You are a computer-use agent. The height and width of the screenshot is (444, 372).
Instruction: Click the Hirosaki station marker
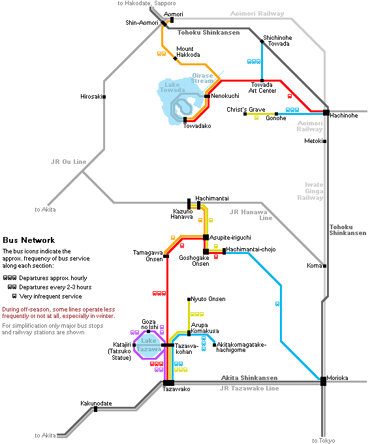104,97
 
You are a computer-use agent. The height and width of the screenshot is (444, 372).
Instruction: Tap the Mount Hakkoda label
188,52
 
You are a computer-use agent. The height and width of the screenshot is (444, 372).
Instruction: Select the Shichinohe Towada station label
277,40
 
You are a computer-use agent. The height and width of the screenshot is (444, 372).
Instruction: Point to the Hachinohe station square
326,113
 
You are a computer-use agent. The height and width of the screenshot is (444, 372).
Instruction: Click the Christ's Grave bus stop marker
245,114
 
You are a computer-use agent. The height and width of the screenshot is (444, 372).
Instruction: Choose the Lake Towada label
172,87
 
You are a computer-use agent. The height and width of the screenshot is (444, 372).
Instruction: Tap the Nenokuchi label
225,96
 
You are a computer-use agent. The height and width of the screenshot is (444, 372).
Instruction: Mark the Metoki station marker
325,141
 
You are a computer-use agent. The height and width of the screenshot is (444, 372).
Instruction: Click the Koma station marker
325,266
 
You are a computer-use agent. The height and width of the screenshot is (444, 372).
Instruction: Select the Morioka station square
323,381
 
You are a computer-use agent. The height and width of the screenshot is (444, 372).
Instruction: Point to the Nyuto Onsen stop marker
189,299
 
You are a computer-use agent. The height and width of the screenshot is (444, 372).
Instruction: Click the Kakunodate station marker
96,409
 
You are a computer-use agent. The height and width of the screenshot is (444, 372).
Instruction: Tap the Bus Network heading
29,240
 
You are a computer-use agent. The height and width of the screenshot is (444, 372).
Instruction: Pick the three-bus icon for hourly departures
10,277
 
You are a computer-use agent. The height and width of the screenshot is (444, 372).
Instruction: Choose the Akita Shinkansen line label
249,378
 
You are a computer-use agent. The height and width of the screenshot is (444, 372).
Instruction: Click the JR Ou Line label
69,162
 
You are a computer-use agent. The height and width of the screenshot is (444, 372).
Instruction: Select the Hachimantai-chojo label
251,249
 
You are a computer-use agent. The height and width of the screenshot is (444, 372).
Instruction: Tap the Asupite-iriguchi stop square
206,237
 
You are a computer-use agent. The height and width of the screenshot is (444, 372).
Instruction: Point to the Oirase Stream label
202,78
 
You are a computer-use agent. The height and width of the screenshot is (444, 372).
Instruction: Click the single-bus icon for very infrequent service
14,296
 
